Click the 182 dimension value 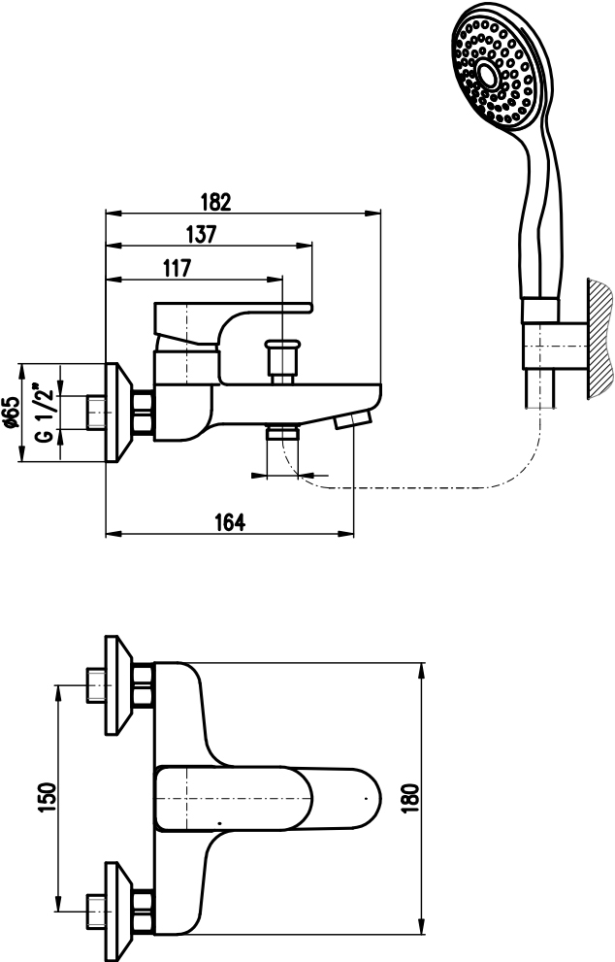216,202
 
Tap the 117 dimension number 178,268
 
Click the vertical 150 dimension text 48,797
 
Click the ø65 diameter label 11,412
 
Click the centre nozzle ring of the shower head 489,76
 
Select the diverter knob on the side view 282,361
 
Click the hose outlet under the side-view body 282,433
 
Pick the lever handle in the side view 233,324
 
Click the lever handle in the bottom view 268,799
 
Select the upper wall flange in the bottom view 119,684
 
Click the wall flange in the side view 119,413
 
